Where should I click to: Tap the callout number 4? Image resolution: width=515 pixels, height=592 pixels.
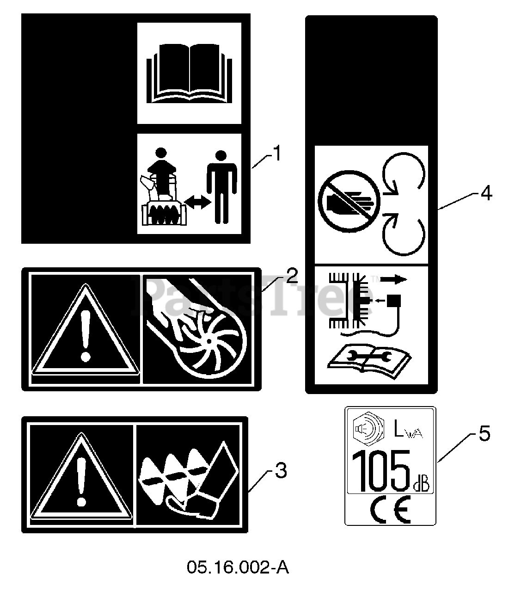coord(485,193)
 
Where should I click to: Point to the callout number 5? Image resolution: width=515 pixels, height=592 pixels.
coord(484,434)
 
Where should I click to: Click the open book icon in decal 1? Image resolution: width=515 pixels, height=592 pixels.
coord(189,73)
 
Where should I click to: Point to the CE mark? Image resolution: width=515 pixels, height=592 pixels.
coord(390,510)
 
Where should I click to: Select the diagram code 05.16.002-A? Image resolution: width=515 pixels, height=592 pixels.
coord(238,567)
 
